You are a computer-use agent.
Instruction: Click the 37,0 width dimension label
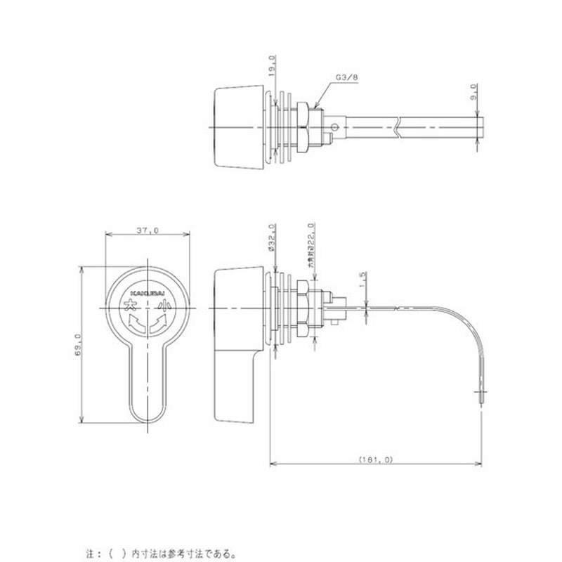[147, 230]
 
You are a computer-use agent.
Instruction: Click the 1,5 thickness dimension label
[363, 280]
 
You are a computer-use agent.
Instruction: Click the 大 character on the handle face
[130, 306]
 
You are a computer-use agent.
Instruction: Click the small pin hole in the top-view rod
[336, 127]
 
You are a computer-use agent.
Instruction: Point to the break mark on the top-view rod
[398, 127]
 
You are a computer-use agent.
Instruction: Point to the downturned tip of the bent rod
[481, 395]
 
